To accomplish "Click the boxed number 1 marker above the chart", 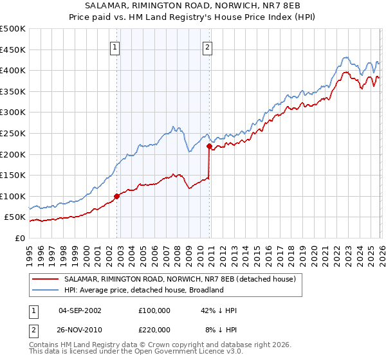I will tap(115, 46).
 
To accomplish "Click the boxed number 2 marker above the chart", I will tap(208, 46).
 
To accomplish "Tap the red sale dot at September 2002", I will tap(116, 196).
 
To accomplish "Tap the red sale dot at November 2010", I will tap(209, 146).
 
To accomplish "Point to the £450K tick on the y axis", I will tap(13, 50).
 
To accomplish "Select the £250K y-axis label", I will tap(13, 133).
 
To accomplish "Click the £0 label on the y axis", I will tap(19, 238).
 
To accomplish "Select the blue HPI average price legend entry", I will tap(143, 291).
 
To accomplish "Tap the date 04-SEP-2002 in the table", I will tap(80, 310).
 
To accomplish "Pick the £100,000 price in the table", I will tap(154, 310).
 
